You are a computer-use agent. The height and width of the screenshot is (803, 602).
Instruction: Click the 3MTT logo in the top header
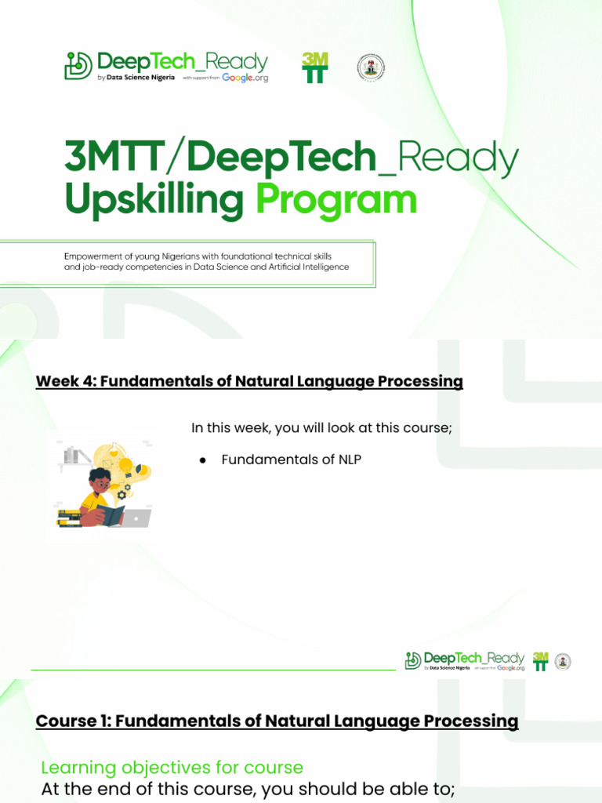pyautogui.click(x=314, y=67)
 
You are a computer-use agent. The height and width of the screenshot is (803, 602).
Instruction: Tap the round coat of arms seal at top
pyautogui.click(x=372, y=67)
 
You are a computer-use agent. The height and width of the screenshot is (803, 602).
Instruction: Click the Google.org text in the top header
pyautogui.click(x=245, y=78)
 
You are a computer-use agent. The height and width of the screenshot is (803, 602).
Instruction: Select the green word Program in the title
pyautogui.click(x=336, y=201)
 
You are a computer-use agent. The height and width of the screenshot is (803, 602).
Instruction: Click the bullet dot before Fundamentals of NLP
pyautogui.click(x=201, y=460)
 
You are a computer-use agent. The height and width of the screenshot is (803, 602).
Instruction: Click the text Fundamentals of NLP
pyautogui.click(x=291, y=460)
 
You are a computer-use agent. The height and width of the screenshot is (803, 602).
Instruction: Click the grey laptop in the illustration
pyautogui.click(x=136, y=518)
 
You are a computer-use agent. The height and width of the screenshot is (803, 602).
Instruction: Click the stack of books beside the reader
pyautogui.click(x=69, y=518)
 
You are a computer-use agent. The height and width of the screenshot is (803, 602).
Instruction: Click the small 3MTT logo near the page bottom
pyautogui.click(x=540, y=660)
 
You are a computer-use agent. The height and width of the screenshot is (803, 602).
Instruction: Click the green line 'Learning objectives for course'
pyautogui.click(x=172, y=767)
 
